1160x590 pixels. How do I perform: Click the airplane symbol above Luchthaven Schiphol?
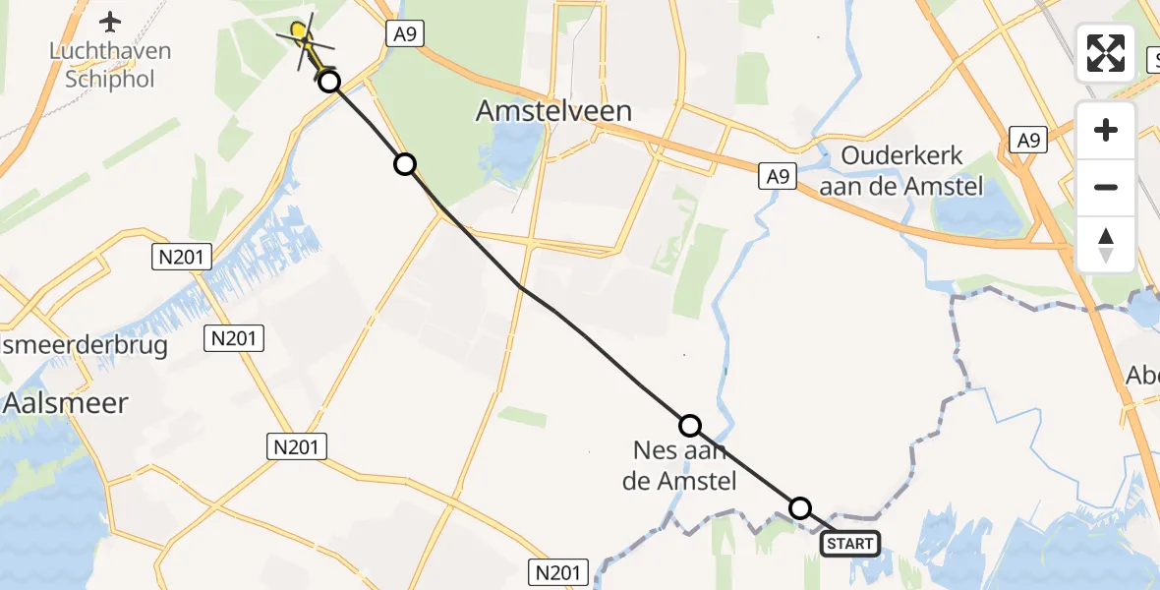tap(110, 21)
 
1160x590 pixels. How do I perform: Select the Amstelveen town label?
tap(553, 111)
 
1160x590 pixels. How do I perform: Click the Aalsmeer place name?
tap(67, 402)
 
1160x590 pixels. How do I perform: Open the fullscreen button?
tap(1106, 53)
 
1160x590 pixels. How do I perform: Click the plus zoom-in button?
tap(1106, 130)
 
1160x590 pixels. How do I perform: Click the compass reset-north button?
tap(1106, 244)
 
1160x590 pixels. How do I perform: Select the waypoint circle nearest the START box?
tap(800, 508)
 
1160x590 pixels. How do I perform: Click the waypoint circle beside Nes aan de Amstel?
tap(690, 426)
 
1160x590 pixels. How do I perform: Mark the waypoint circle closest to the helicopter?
tap(329, 82)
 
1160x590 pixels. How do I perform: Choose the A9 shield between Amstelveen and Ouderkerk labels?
tap(777, 177)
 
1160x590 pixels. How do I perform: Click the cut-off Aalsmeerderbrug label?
tap(84, 345)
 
